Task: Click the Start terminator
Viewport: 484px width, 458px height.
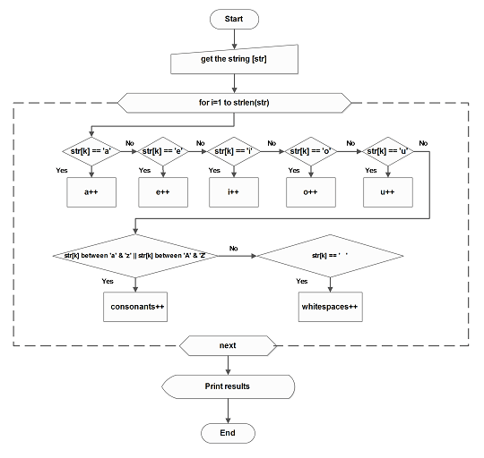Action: click(233, 18)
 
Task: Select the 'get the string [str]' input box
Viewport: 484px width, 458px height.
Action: click(233, 61)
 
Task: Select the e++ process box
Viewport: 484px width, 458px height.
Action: click(163, 191)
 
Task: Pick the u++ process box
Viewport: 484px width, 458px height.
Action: click(389, 191)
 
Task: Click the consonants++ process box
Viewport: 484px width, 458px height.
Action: click(134, 306)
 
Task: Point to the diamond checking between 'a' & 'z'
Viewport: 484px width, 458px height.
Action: click(134, 256)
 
